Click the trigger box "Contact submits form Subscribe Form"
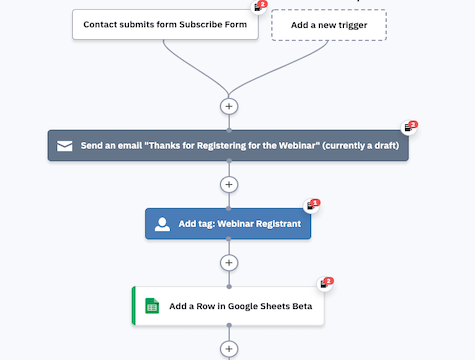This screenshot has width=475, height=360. click(x=165, y=24)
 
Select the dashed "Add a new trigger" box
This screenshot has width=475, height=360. click(x=328, y=24)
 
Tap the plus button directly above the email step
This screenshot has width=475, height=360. click(x=229, y=105)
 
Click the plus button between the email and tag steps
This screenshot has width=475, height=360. click(x=229, y=184)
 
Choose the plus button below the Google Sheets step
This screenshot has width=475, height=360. click(x=229, y=349)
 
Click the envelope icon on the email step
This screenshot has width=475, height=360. click(x=64, y=145)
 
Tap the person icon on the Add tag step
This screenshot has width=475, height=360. click(x=162, y=224)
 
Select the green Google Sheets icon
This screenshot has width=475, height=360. click(x=152, y=306)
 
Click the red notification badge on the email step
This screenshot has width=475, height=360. click(x=412, y=125)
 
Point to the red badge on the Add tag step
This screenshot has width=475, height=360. click(x=315, y=203)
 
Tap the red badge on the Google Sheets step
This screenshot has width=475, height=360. click(x=328, y=282)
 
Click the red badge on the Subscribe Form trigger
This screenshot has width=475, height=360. click(x=263, y=4)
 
